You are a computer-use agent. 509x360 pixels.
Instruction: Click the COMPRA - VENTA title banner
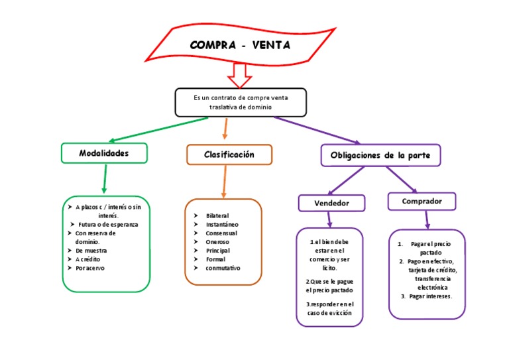(x=240, y=45)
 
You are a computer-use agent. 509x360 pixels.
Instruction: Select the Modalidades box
(x=104, y=153)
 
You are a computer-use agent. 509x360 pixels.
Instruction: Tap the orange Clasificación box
(x=229, y=154)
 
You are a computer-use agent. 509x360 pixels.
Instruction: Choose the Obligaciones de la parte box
(x=380, y=155)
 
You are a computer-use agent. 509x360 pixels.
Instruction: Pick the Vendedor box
(x=331, y=203)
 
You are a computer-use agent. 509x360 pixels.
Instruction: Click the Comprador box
(x=422, y=201)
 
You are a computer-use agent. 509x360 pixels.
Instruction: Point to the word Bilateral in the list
(x=217, y=216)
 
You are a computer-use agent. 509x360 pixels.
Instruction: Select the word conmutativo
(x=223, y=268)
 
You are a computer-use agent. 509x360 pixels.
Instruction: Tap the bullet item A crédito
(x=87, y=259)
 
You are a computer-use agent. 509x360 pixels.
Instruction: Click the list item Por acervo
(x=90, y=268)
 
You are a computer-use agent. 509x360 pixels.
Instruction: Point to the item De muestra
(x=91, y=251)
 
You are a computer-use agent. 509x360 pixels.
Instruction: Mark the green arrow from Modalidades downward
(x=104, y=180)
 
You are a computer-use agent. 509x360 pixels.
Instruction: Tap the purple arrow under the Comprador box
(x=427, y=219)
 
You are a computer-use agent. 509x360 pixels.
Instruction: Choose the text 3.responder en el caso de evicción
(x=329, y=308)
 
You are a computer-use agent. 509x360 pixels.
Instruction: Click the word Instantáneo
(x=222, y=225)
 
